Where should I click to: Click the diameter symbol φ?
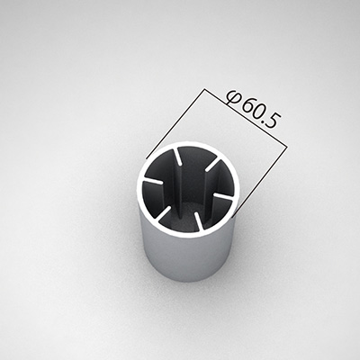(234, 97)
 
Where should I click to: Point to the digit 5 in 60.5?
(274, 121)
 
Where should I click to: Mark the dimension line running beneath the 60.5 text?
(246, 118)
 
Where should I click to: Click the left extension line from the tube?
(175, 123)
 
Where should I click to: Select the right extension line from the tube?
(260, 182)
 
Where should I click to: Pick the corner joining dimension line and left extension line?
(205, 88)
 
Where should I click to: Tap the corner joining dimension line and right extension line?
(288, 147)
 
